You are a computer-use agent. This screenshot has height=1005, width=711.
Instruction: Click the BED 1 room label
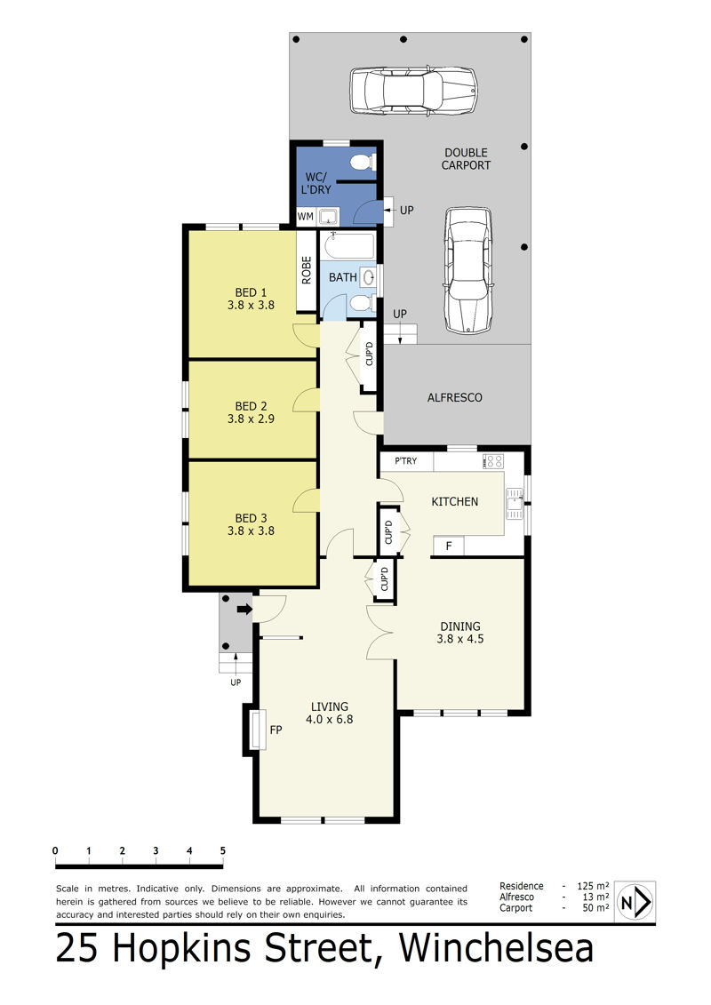pyautogui.click(x=251, y=292)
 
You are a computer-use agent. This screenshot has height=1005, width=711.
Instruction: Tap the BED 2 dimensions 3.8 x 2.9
pyautogui.click(x=251, y=419)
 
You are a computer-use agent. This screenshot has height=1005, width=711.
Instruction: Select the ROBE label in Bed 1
pyautogui.click(x=307, y=270)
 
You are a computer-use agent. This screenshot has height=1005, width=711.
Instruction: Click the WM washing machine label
pyautogui.click(x=305, y=217)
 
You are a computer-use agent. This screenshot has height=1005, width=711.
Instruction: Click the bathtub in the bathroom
pyautogui.click(x=348, y=245)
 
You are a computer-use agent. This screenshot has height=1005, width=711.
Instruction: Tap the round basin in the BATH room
pyautogui.click(x=368, y=277)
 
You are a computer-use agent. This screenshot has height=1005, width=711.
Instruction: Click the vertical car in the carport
pyautogui.click(x=467, y=270)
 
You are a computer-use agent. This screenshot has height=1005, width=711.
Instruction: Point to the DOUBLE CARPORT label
pyautogui.click(x=466, y=159)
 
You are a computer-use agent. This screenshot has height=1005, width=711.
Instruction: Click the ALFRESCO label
pyautogui.click(x=454, y=397)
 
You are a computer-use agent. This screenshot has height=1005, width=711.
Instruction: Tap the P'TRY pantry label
pyautogui.click(x=406, y=461)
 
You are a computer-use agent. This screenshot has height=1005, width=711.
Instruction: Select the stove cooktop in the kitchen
pyautogui.click(x=493, y=461)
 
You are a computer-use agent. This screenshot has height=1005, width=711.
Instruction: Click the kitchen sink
pyautogui.click(x=515, y=504)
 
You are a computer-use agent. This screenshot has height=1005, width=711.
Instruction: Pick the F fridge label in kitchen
pyautogui.click(x=449, y=546)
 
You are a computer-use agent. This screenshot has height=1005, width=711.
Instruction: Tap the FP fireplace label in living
pyautogui.click(x=276, y=730)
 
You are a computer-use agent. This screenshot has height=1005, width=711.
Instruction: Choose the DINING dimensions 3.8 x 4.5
pyautogui.click(x=460, y=639)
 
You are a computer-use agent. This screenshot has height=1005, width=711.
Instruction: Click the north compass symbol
pyautogui.click(x=635, y=903)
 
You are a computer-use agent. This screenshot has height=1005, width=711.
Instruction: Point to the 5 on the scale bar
pyautogui.click(x=223, y=850)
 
